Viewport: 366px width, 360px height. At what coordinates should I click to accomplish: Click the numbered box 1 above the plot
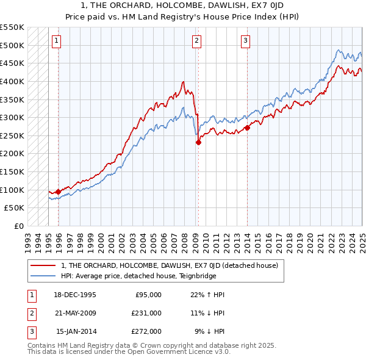(x=56, y=41)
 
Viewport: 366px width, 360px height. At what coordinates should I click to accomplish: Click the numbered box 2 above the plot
(x=197, y=41)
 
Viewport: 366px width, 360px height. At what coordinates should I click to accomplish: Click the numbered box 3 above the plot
(x=245, y=41)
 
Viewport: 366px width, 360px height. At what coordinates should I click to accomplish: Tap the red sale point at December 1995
(x=58, y=192)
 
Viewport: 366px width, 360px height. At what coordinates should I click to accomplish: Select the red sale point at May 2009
(x=198, y=142)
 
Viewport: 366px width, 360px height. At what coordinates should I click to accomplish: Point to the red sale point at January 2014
(x=247, y=128)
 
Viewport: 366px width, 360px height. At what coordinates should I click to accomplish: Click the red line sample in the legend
(x=44, y=265)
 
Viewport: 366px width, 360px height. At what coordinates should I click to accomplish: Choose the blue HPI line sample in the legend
(x=44, y=276)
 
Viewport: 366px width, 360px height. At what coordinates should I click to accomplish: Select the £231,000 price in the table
(x=146, y=312)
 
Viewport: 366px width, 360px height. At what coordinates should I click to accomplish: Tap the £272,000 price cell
(x=146, y=331)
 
